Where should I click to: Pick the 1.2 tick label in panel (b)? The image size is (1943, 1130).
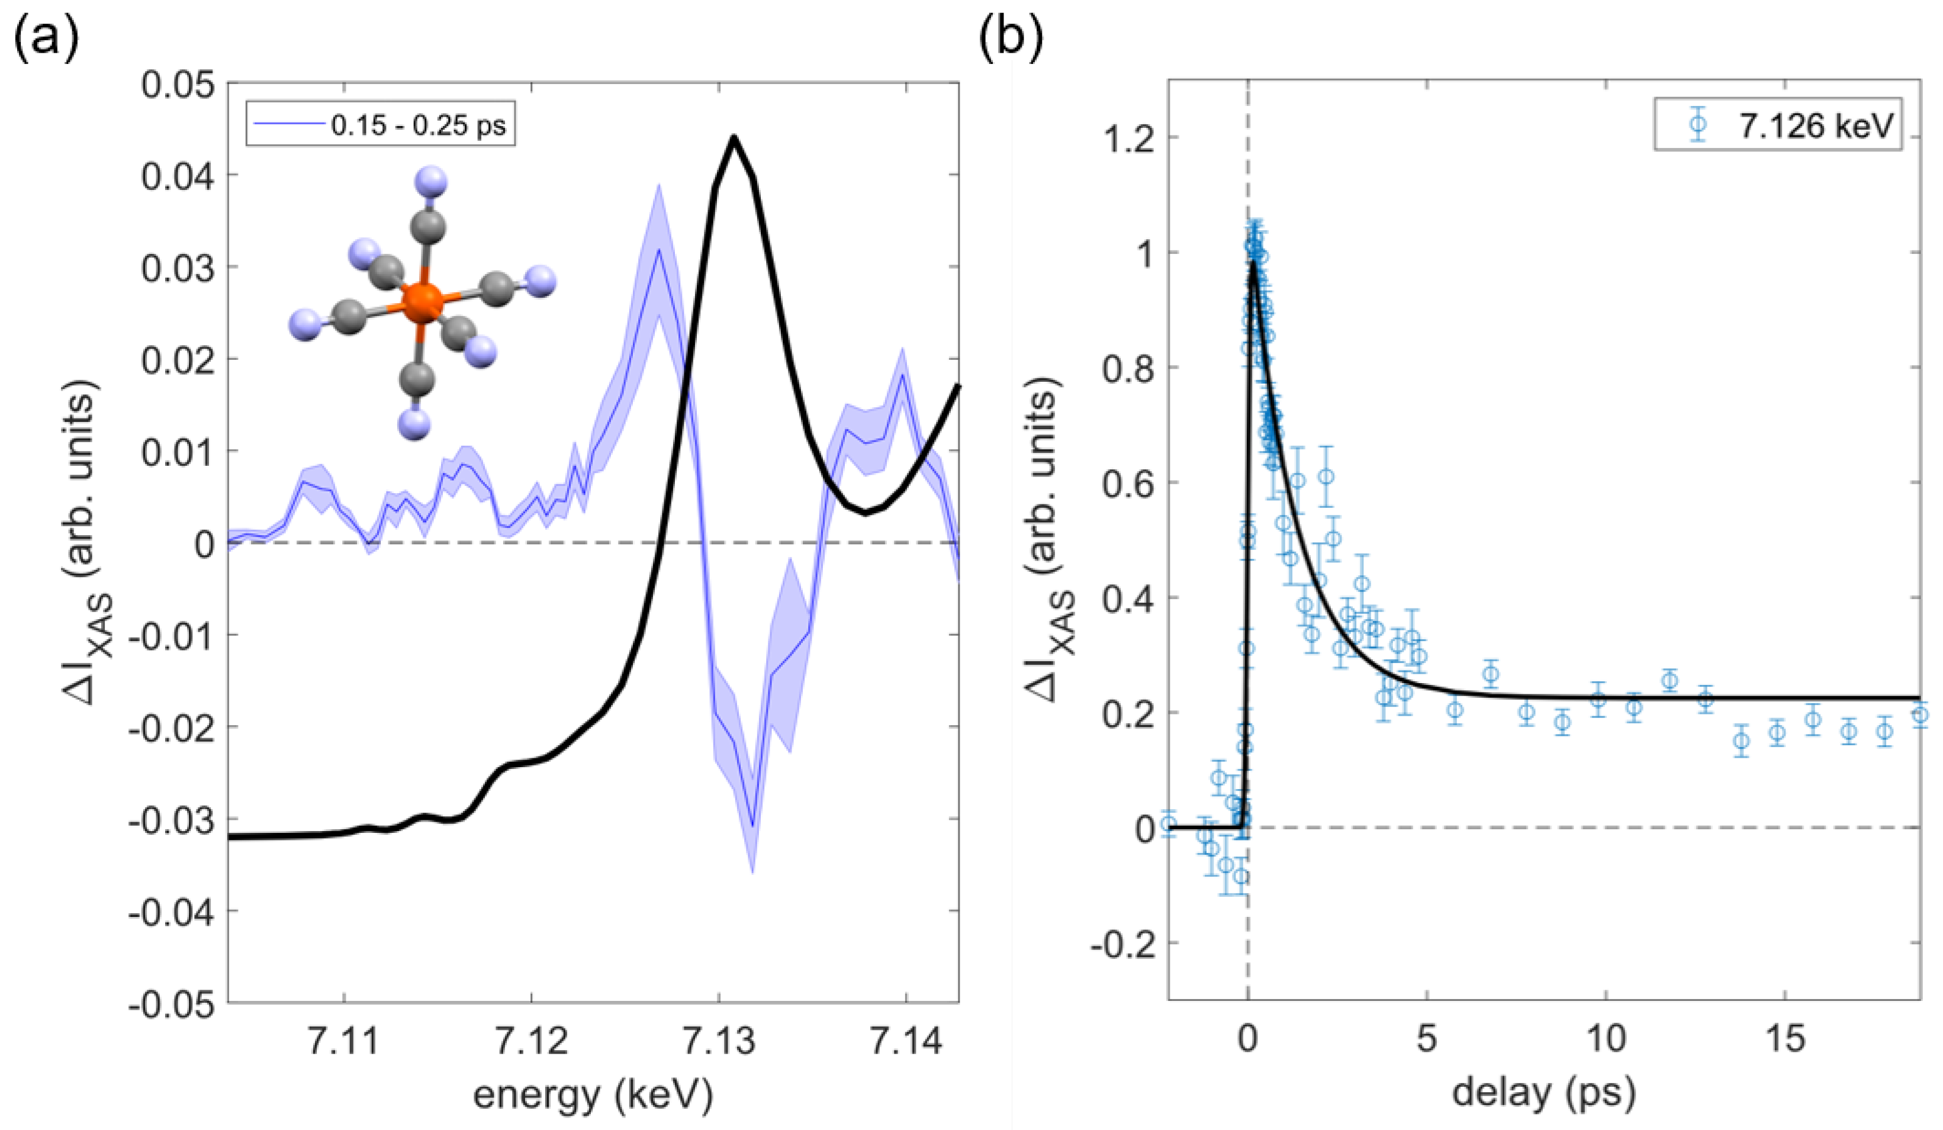[1129, 139]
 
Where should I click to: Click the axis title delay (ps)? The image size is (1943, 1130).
[1543, 1093]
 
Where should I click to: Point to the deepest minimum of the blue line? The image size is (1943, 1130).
[752, 827]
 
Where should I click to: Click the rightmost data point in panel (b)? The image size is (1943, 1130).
[1920, 715]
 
